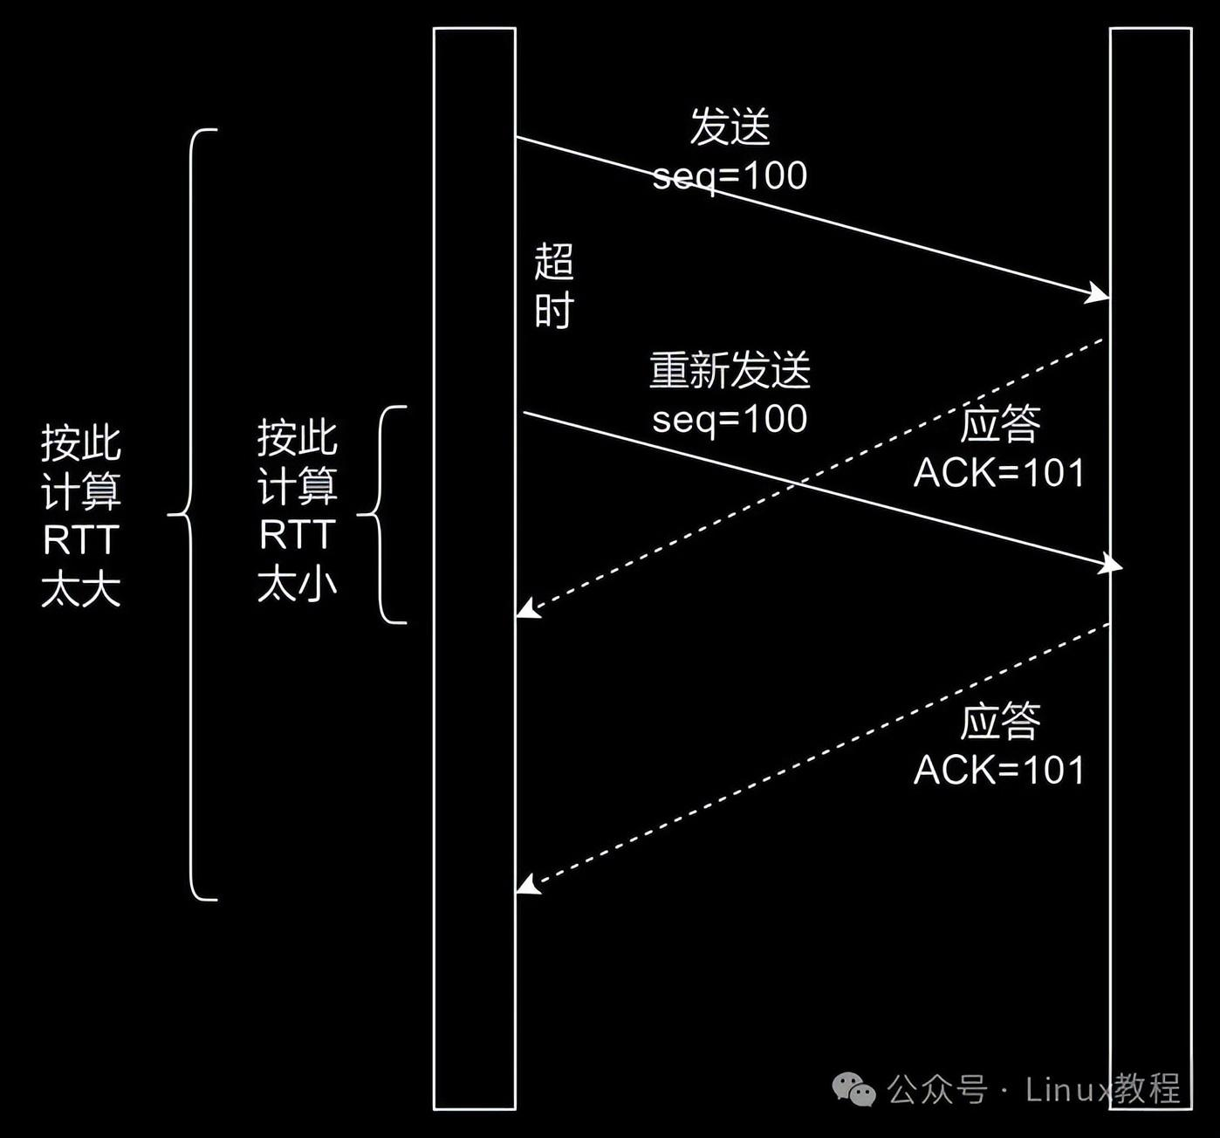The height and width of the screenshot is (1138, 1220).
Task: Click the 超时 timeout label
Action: (x=553, y=286)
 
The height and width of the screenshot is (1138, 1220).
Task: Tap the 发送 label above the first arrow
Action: (x=730, y=127)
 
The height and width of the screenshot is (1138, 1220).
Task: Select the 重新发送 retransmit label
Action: (x=730, y=370)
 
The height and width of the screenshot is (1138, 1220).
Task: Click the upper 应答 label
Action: (x=1000, y=424)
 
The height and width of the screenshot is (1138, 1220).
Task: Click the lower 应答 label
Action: (x=1000, y=722)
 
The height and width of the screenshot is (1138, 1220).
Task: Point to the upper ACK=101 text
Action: (x=999, y=473)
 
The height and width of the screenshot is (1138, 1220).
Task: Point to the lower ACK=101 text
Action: (x=999, y=771)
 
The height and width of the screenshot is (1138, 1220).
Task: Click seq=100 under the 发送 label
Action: (x=730, y=176)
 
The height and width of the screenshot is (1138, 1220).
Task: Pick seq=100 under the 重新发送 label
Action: (x=730, y=419)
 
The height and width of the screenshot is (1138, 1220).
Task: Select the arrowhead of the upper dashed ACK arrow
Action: (x=526, y=609)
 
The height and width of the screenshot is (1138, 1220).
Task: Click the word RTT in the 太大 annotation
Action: (x=81, y=541)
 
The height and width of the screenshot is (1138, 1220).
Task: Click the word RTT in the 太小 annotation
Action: (x=297, y=535)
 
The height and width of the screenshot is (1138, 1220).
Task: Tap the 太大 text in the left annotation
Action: (x=81, y=590)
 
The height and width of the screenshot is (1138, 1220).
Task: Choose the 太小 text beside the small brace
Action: (x=297, y=584)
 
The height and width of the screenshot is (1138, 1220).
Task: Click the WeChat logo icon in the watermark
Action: (x=853, y=1089)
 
